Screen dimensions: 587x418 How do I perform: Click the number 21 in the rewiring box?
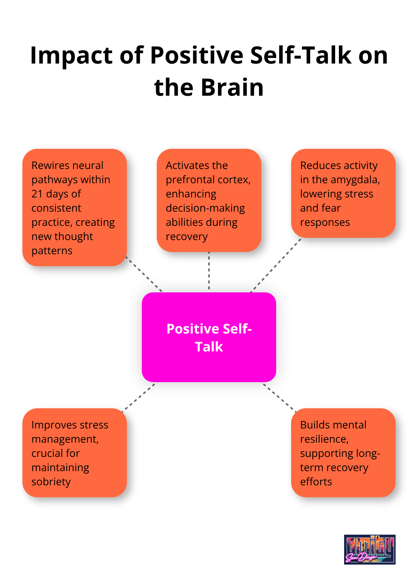tap(37, 194)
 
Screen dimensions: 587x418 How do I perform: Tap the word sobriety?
tap(51, 482)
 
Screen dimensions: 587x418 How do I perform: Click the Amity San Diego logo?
tap(369, 549)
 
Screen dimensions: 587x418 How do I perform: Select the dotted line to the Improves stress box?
tap(138, 397)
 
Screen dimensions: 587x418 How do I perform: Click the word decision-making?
tap(205, 208)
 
